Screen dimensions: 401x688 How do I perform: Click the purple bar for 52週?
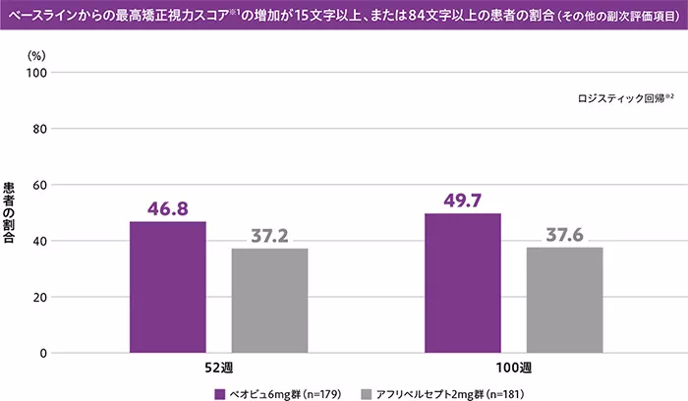pyautogui.click(x=168, y=286)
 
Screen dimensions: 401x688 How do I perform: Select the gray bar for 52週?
pyautogui.click(x=269, y=300)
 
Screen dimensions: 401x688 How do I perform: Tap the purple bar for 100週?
pyautogui.click(x=463, y=282)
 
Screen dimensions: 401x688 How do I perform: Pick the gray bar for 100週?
pyautogui.click(x=564, y=299)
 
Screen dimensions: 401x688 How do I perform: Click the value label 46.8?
pyautogui.click(x=168, y=208)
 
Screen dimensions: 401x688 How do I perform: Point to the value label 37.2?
pyautogui.click(x=269, y=236)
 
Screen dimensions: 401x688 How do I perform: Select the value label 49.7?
pyautogui.click(x=463, y=200)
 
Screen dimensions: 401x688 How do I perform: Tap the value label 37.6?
pyautogui.click(x=564, y=235)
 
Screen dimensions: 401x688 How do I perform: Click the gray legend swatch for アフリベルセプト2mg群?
pyautogui.click(x=368, y=391)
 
